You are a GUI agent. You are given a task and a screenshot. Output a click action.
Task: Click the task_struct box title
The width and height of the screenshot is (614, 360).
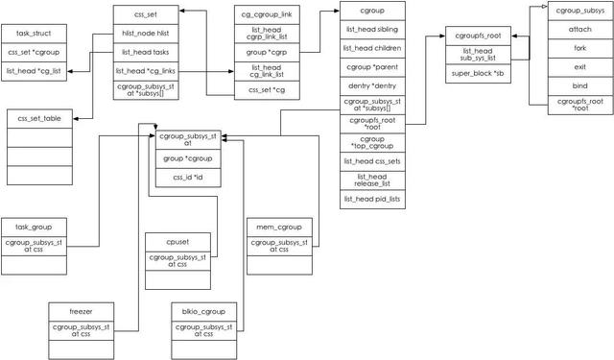coord(34,33)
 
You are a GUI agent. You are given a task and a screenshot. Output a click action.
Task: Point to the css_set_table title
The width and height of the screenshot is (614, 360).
coord(39,117)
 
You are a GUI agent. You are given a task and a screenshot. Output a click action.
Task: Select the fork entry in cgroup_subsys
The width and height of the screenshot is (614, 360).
coord(579,47)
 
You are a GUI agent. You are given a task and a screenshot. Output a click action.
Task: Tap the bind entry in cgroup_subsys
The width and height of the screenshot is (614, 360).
coord(579,84)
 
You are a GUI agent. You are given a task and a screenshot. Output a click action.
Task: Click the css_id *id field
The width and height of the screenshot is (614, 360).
coord(188,178)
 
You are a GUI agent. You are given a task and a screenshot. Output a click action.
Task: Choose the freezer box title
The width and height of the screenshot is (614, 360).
coord(81,311)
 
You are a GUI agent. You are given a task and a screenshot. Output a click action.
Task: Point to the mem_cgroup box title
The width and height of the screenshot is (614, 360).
coord(279,227)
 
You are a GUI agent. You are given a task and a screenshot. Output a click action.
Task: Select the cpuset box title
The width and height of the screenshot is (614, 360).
coord(176,241)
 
